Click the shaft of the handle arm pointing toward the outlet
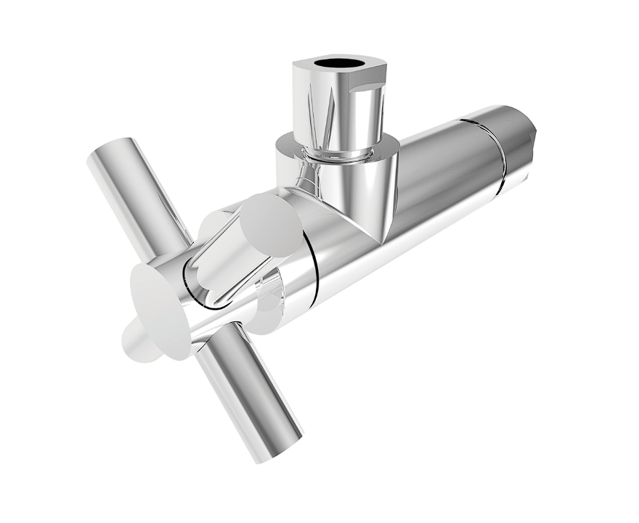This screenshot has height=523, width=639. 222,250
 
